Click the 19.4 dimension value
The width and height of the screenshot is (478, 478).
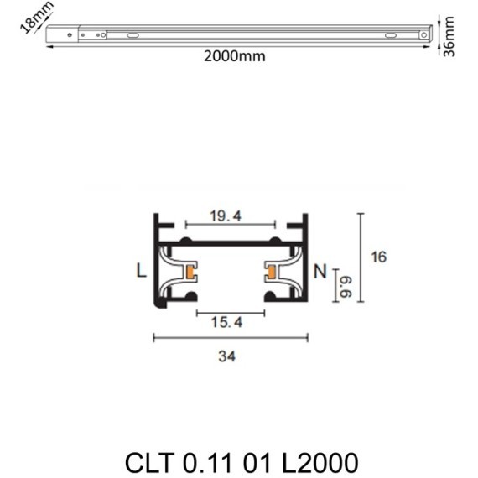[226, 216]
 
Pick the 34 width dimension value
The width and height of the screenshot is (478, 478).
[226, 356]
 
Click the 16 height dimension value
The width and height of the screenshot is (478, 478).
[378, 257]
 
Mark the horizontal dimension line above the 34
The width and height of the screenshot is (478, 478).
[230, 338]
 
